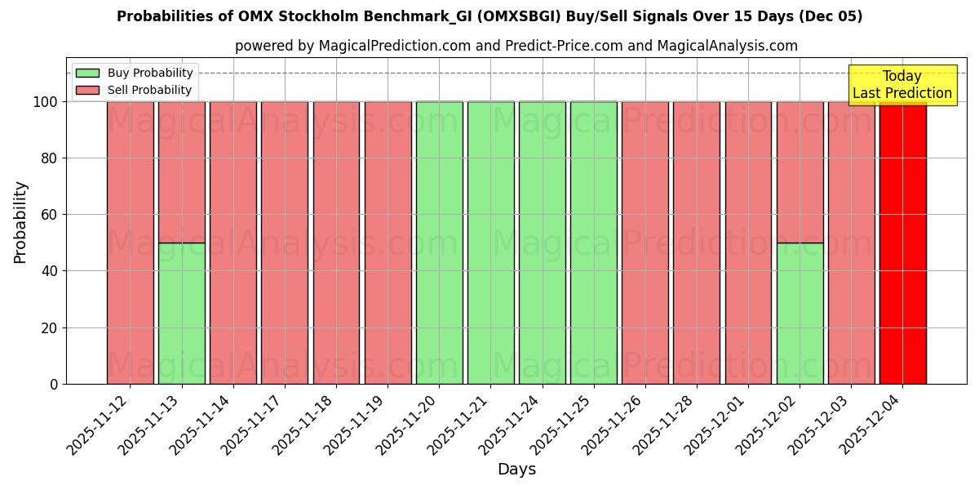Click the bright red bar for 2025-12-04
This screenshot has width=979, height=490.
pyautogui.click(x=902, y=243)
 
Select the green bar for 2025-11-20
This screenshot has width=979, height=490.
pyautogui.click(x=439, y=243)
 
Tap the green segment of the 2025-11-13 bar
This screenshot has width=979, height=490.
pyautogui.click(x=181, y=313)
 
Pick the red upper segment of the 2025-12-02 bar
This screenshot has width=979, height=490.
pyautogui.click(x=800, y=171)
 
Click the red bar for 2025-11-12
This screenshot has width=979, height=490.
pyautogui.click(x=130, y=243)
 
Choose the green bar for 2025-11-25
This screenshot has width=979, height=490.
pyautogui.click(x=593, y=243)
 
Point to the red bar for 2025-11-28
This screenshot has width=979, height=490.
pyautogui.click(x=697, y=243)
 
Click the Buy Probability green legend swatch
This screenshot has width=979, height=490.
pyautogui.click(x=87, y=73)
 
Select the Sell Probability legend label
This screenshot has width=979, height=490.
pyautogui.click(x=149, y=90)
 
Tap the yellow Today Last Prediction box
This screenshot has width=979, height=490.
pyautogui.click(x=901, y=85)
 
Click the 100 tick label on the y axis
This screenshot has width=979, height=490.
pyautogui.click(x=45, y=102)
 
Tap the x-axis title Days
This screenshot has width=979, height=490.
pyautogui.click(x=516, y=470)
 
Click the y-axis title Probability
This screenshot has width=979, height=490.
pyautogui.click(x=20, y=221)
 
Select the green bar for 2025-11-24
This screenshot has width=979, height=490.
pyautogui.click(x=542, y=243)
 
